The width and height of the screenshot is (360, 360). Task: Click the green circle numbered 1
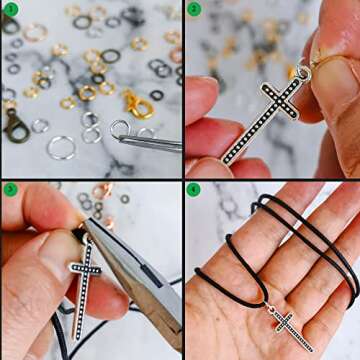tap(10, 10)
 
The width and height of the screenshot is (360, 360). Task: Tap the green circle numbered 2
tap(194, 10)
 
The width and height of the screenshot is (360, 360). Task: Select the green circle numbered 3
tap(10, 189)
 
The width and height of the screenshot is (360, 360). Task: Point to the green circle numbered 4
tap(194, 189)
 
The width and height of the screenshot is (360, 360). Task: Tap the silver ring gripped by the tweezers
tap(121, 130)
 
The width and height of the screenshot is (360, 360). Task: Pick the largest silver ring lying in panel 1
tap(61, 147)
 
